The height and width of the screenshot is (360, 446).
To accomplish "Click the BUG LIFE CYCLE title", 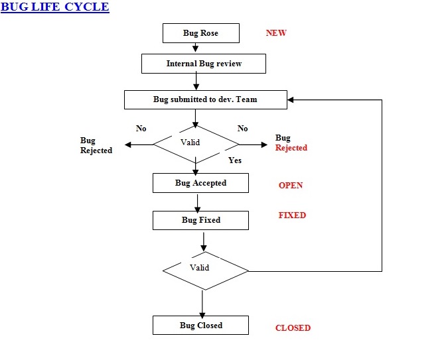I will (55, 7).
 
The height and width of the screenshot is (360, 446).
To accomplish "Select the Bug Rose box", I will (200, 33).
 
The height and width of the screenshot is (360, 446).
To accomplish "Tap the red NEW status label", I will (276, 32).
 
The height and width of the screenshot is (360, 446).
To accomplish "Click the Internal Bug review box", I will (204, 64).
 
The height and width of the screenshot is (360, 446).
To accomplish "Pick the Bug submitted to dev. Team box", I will (205, 99).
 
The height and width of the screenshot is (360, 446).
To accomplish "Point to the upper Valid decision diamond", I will (196, 143).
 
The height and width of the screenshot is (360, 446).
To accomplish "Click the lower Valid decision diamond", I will (205, 269).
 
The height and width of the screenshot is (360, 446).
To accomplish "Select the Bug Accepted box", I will (200, 183).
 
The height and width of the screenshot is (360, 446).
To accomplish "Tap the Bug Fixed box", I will (200, 220).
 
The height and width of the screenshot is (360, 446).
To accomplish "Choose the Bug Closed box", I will (200, 326).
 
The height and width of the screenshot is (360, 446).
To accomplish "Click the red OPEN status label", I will (291, 186).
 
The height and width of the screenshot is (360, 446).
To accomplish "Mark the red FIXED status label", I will (292, 215).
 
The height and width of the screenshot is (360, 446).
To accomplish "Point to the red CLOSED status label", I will (293, 328).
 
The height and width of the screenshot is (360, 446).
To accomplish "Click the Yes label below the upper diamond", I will (235, 160).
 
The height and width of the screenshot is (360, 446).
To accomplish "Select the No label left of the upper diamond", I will (141, 129).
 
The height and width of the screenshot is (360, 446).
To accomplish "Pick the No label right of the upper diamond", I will (242, 129).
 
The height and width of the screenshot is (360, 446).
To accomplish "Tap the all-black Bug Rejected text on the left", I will (96, 146).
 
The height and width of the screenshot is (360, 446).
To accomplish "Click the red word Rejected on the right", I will (291, 148).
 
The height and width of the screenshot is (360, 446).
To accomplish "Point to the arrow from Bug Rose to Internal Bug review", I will (196, 48).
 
